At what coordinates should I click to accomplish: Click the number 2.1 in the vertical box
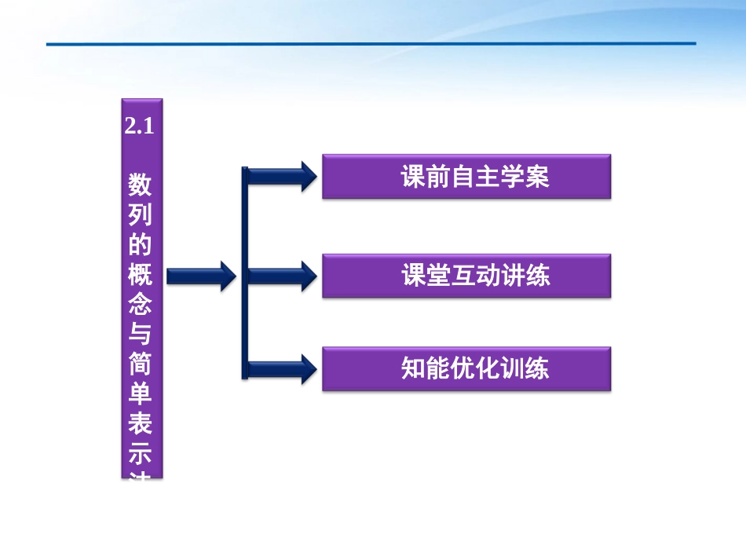click(141, 128)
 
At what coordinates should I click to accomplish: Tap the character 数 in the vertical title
click(141, 185)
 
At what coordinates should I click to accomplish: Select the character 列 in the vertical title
click(141, 216)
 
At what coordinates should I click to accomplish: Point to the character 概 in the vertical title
click(141, 276)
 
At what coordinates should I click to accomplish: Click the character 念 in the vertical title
click(141, 306)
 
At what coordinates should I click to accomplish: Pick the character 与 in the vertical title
click(141, 335)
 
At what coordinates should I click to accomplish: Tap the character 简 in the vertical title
click(141, 365)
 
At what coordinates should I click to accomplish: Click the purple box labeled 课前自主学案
click(466, 177)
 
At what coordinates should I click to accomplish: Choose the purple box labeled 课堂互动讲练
click(466, 276)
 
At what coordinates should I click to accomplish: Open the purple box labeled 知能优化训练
click(466, 369)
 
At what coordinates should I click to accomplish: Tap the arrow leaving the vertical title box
click(201, 275)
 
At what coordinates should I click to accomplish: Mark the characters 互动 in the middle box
click(475, 276)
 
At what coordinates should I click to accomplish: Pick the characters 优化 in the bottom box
click(475, 369)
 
